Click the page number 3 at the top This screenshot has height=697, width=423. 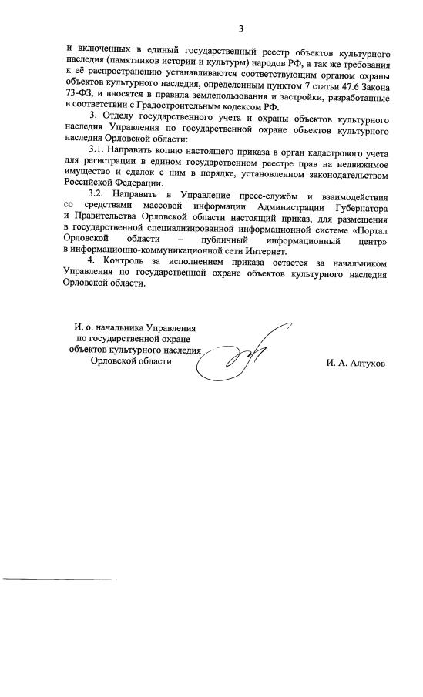click(240, 30)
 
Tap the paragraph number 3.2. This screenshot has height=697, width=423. click(99, 190)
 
